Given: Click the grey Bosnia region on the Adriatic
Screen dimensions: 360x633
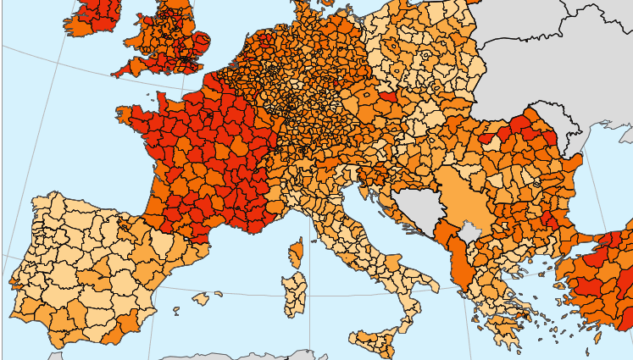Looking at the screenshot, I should pos(413,208).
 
